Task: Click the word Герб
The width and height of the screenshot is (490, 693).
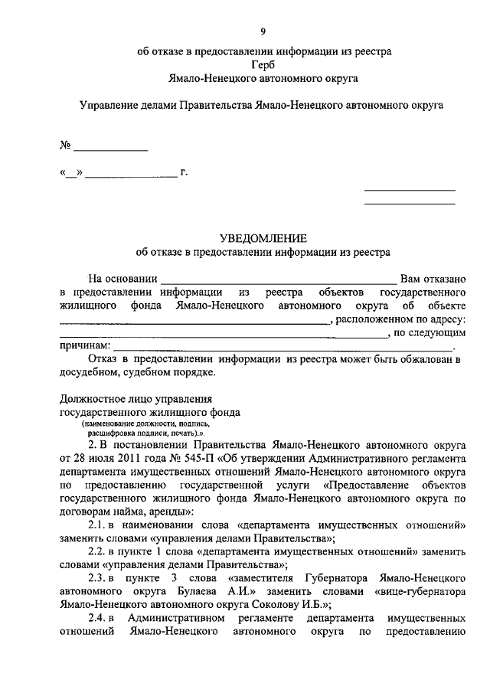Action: [x=263, y=64]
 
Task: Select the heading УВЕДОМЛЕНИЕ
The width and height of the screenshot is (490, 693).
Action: [x=263, y=237]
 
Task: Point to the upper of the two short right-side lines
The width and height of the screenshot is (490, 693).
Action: [x=409, y=190]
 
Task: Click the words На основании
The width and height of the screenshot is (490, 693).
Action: [x=122, y=279]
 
